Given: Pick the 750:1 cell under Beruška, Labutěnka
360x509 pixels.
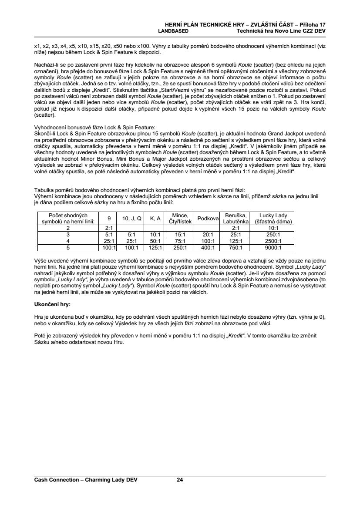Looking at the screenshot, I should tap(236, 248).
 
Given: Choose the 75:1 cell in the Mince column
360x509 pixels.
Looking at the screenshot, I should tap(180, 241).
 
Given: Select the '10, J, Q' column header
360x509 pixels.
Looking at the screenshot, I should tap(131, 218).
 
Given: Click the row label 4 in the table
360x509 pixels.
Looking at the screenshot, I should tap(68, 241).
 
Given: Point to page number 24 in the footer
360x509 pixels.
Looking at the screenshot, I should tap(180, 480).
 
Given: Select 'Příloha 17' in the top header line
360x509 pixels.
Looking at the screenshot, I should tap(313, 25).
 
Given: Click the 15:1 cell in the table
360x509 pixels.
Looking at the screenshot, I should tap(180, 234).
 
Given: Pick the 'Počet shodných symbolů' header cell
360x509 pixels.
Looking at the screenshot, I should tap(68, 218).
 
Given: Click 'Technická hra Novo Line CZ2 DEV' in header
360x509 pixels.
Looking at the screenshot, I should tap(281, 31).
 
